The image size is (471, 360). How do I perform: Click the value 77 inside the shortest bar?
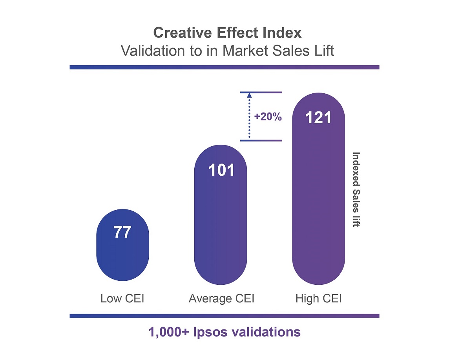pos(122,233)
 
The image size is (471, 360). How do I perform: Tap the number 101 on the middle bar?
pos(221,170)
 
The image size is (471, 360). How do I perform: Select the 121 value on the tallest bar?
pos(318,118)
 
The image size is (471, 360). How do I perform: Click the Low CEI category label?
pos(122,299)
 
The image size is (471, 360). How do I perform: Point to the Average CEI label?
pos(221,299)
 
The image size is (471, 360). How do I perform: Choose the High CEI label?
pos(318,299)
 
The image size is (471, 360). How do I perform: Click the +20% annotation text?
pos(268,117)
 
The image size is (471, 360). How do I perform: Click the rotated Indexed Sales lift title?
pos(356,189)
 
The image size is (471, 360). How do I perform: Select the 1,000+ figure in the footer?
pos(169,332)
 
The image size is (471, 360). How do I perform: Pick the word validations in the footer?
pos(268,332)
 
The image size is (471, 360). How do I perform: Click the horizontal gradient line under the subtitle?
pos(224,67)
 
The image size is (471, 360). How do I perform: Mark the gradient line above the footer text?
pos(224,316)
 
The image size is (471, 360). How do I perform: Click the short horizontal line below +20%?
pos(261,140)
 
